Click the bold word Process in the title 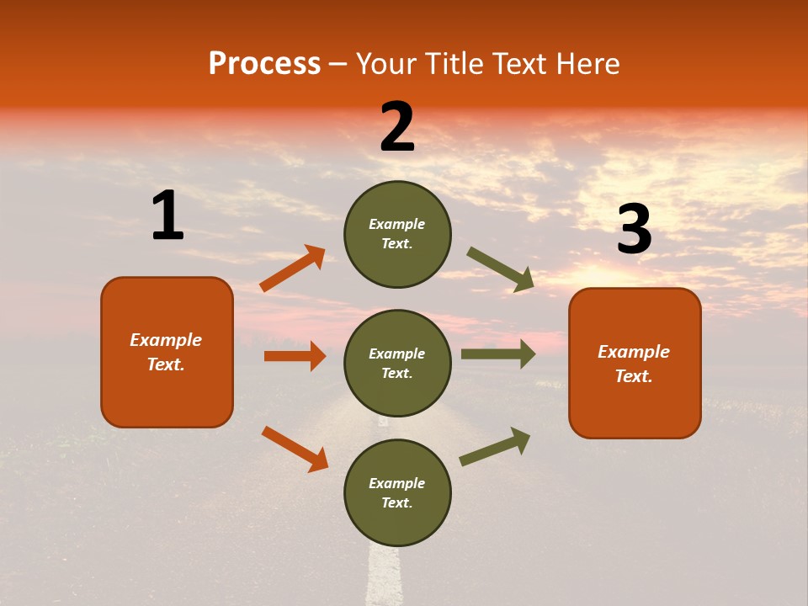[x=264, y=64]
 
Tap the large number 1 [x=167, y=216]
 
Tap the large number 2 [x=397, y=127]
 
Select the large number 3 [x=634, y=230]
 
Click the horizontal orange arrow [x=295, y=356]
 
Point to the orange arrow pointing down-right [x=295, y=449]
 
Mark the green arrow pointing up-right [x=495, y=446]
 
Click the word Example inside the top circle [x=397, y=224]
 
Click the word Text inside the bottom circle [x=396, y=502]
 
